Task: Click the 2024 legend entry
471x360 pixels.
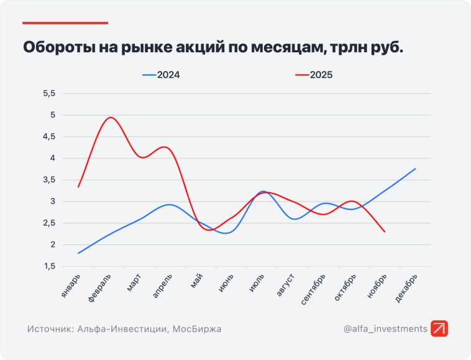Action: tap(162, 75)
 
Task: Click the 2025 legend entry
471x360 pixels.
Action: tap(314, 75)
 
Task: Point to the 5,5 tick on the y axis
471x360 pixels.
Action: tap(49, 93)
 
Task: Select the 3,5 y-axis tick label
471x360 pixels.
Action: tap(49, 180)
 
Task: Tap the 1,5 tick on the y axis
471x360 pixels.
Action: tap(49, 266)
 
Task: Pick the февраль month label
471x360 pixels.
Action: tap(101, 287)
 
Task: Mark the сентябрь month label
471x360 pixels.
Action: tap(313, 290)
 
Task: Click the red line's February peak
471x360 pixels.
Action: tap(111, 117)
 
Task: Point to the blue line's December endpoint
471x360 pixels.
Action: tap(415, 168)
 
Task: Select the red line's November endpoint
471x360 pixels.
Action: tap(385, 232)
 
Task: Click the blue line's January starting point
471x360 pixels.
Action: tap(78, 253)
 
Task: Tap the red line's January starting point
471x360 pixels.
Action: tap(78, 187)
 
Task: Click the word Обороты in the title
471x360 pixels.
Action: tap(58, 47)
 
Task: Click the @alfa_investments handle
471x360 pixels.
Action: tap(385, 329)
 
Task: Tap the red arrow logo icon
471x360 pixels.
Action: tap(439, 329)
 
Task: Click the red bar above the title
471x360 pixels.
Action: tap(65, 23)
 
